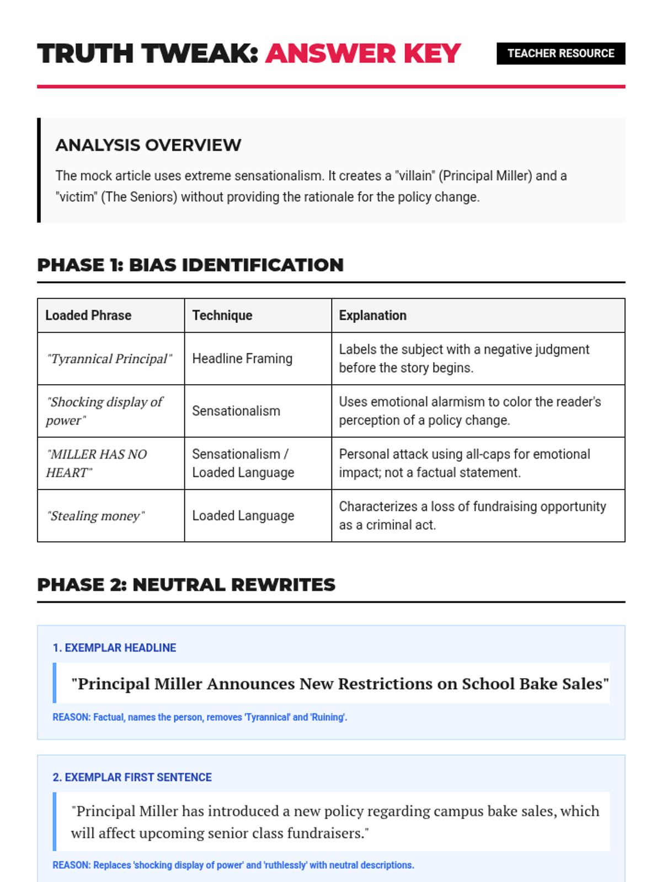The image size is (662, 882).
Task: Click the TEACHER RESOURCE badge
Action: pos(560,53)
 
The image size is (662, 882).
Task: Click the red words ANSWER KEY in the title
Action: pos(362,53)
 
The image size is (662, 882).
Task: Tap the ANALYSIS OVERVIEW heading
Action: pos(148,145)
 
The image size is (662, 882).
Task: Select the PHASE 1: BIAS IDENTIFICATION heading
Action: pos(190,265)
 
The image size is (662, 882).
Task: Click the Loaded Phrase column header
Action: pos(88,315)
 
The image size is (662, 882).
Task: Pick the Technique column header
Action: pos(222,315)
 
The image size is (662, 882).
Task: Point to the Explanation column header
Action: pos(372,315)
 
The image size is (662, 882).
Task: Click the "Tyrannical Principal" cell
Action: pos(109,359)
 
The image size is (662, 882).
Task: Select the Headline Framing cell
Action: pos(242,359)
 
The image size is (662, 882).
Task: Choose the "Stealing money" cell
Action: pos(95,516)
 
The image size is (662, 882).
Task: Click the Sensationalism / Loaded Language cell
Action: pos(243,463)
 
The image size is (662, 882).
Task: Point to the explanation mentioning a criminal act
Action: pos(472,515)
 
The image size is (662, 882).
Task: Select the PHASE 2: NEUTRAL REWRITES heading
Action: pos(186,585)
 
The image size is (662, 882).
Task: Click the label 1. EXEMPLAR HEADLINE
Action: pos(114,648)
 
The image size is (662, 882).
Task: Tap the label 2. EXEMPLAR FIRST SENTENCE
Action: pos(132,777)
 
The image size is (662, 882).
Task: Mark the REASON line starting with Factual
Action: pos(200,717)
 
